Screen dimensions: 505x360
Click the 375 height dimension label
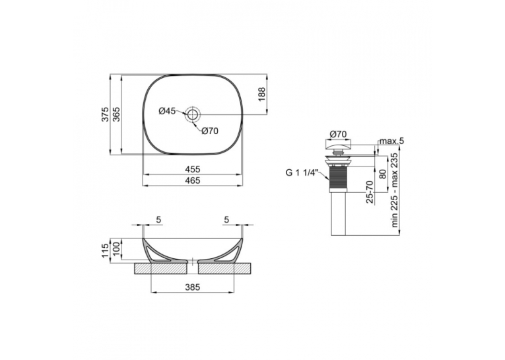106,114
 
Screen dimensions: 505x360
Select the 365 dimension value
116,114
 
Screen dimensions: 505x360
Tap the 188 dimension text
261,94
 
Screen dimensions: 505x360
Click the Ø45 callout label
167,111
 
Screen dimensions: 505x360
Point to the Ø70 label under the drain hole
210,131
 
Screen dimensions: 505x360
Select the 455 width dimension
192,169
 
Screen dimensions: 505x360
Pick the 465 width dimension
192,180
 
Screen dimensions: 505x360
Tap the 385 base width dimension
192,287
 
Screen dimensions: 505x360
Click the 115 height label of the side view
106,251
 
